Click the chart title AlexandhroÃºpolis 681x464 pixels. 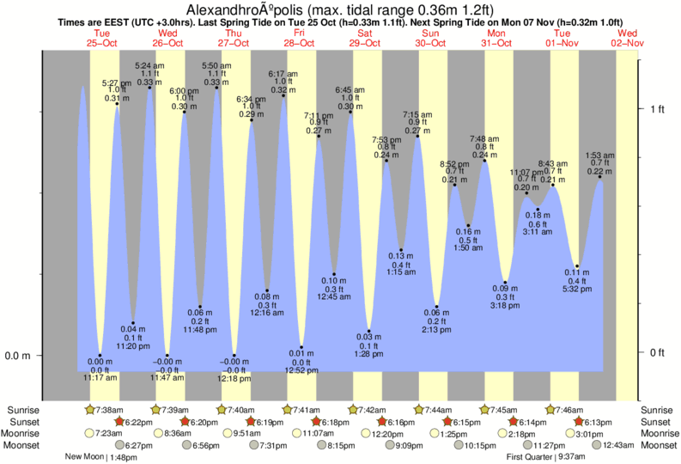coord(265,9)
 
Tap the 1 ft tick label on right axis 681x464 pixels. coord(658,109)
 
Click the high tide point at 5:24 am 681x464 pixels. coord(150,87)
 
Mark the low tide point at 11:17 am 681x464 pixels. coord(100,355)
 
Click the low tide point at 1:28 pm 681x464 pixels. coord(369,331)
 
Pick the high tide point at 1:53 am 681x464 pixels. coord(600,177)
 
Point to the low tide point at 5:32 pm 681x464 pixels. coord(578,266)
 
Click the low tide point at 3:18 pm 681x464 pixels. coord(505,282)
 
